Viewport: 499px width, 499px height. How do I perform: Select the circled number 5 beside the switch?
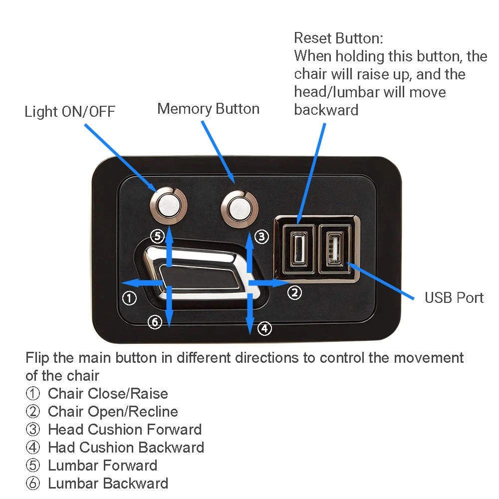tap(157, 236)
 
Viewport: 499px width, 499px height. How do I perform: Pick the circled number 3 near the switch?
tap(261, 237)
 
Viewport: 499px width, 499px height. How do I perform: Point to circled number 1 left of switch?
tap(129, 298)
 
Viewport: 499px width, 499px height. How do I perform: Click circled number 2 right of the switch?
tap(295, 292)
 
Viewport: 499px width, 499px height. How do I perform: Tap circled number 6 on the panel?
tap(155, 322)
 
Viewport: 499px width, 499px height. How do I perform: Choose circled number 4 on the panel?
tap(264, 328)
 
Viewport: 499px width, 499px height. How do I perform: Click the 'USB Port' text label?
tap(454, 298)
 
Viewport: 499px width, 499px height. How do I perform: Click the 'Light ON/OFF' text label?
tap(70, 112)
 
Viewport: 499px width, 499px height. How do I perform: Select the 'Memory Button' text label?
tap(208, 109)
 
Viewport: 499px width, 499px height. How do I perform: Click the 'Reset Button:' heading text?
tap(338, 38)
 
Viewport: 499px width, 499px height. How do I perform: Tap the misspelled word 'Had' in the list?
tap(61, 448)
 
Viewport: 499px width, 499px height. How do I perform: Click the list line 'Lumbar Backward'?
tap(108, 484)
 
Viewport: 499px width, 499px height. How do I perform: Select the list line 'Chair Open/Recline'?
tap(113, 412)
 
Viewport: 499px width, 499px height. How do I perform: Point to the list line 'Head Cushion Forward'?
tap(125, 430)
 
